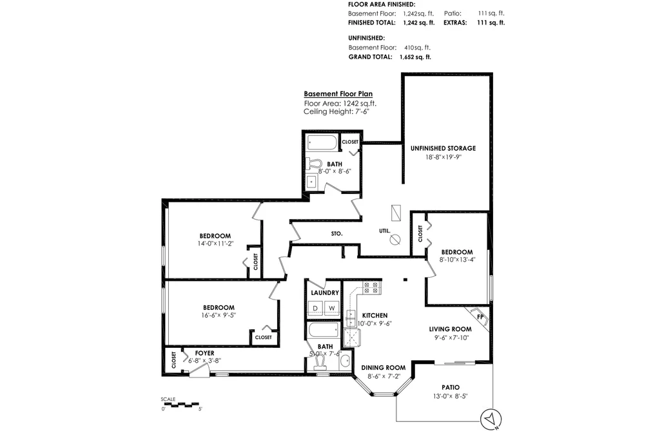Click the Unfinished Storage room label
click(x=443, y=148)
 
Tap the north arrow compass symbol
click(x=491, y=419)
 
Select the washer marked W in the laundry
click(x=332, y=308)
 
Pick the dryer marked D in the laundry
click(x=315, y=308)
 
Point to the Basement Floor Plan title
click(x=338, y=94)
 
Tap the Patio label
click(x=451, y=387)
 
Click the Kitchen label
click(x=375, y=315)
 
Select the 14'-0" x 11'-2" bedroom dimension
click(x=215, y=244)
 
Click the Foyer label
click(x=204, y=353)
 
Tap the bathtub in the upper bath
click(x=322, y=143)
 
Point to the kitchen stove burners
click(x=371, y=287)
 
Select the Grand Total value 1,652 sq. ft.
click(x=415, y=57)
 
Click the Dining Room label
click(x=383, y=368)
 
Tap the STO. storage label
click(x=337, y=234)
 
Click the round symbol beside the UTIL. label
click(x=395, y=240)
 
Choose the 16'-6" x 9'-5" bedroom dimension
click(x=219, y=315)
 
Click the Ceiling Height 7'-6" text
click(x=336, y=111)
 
